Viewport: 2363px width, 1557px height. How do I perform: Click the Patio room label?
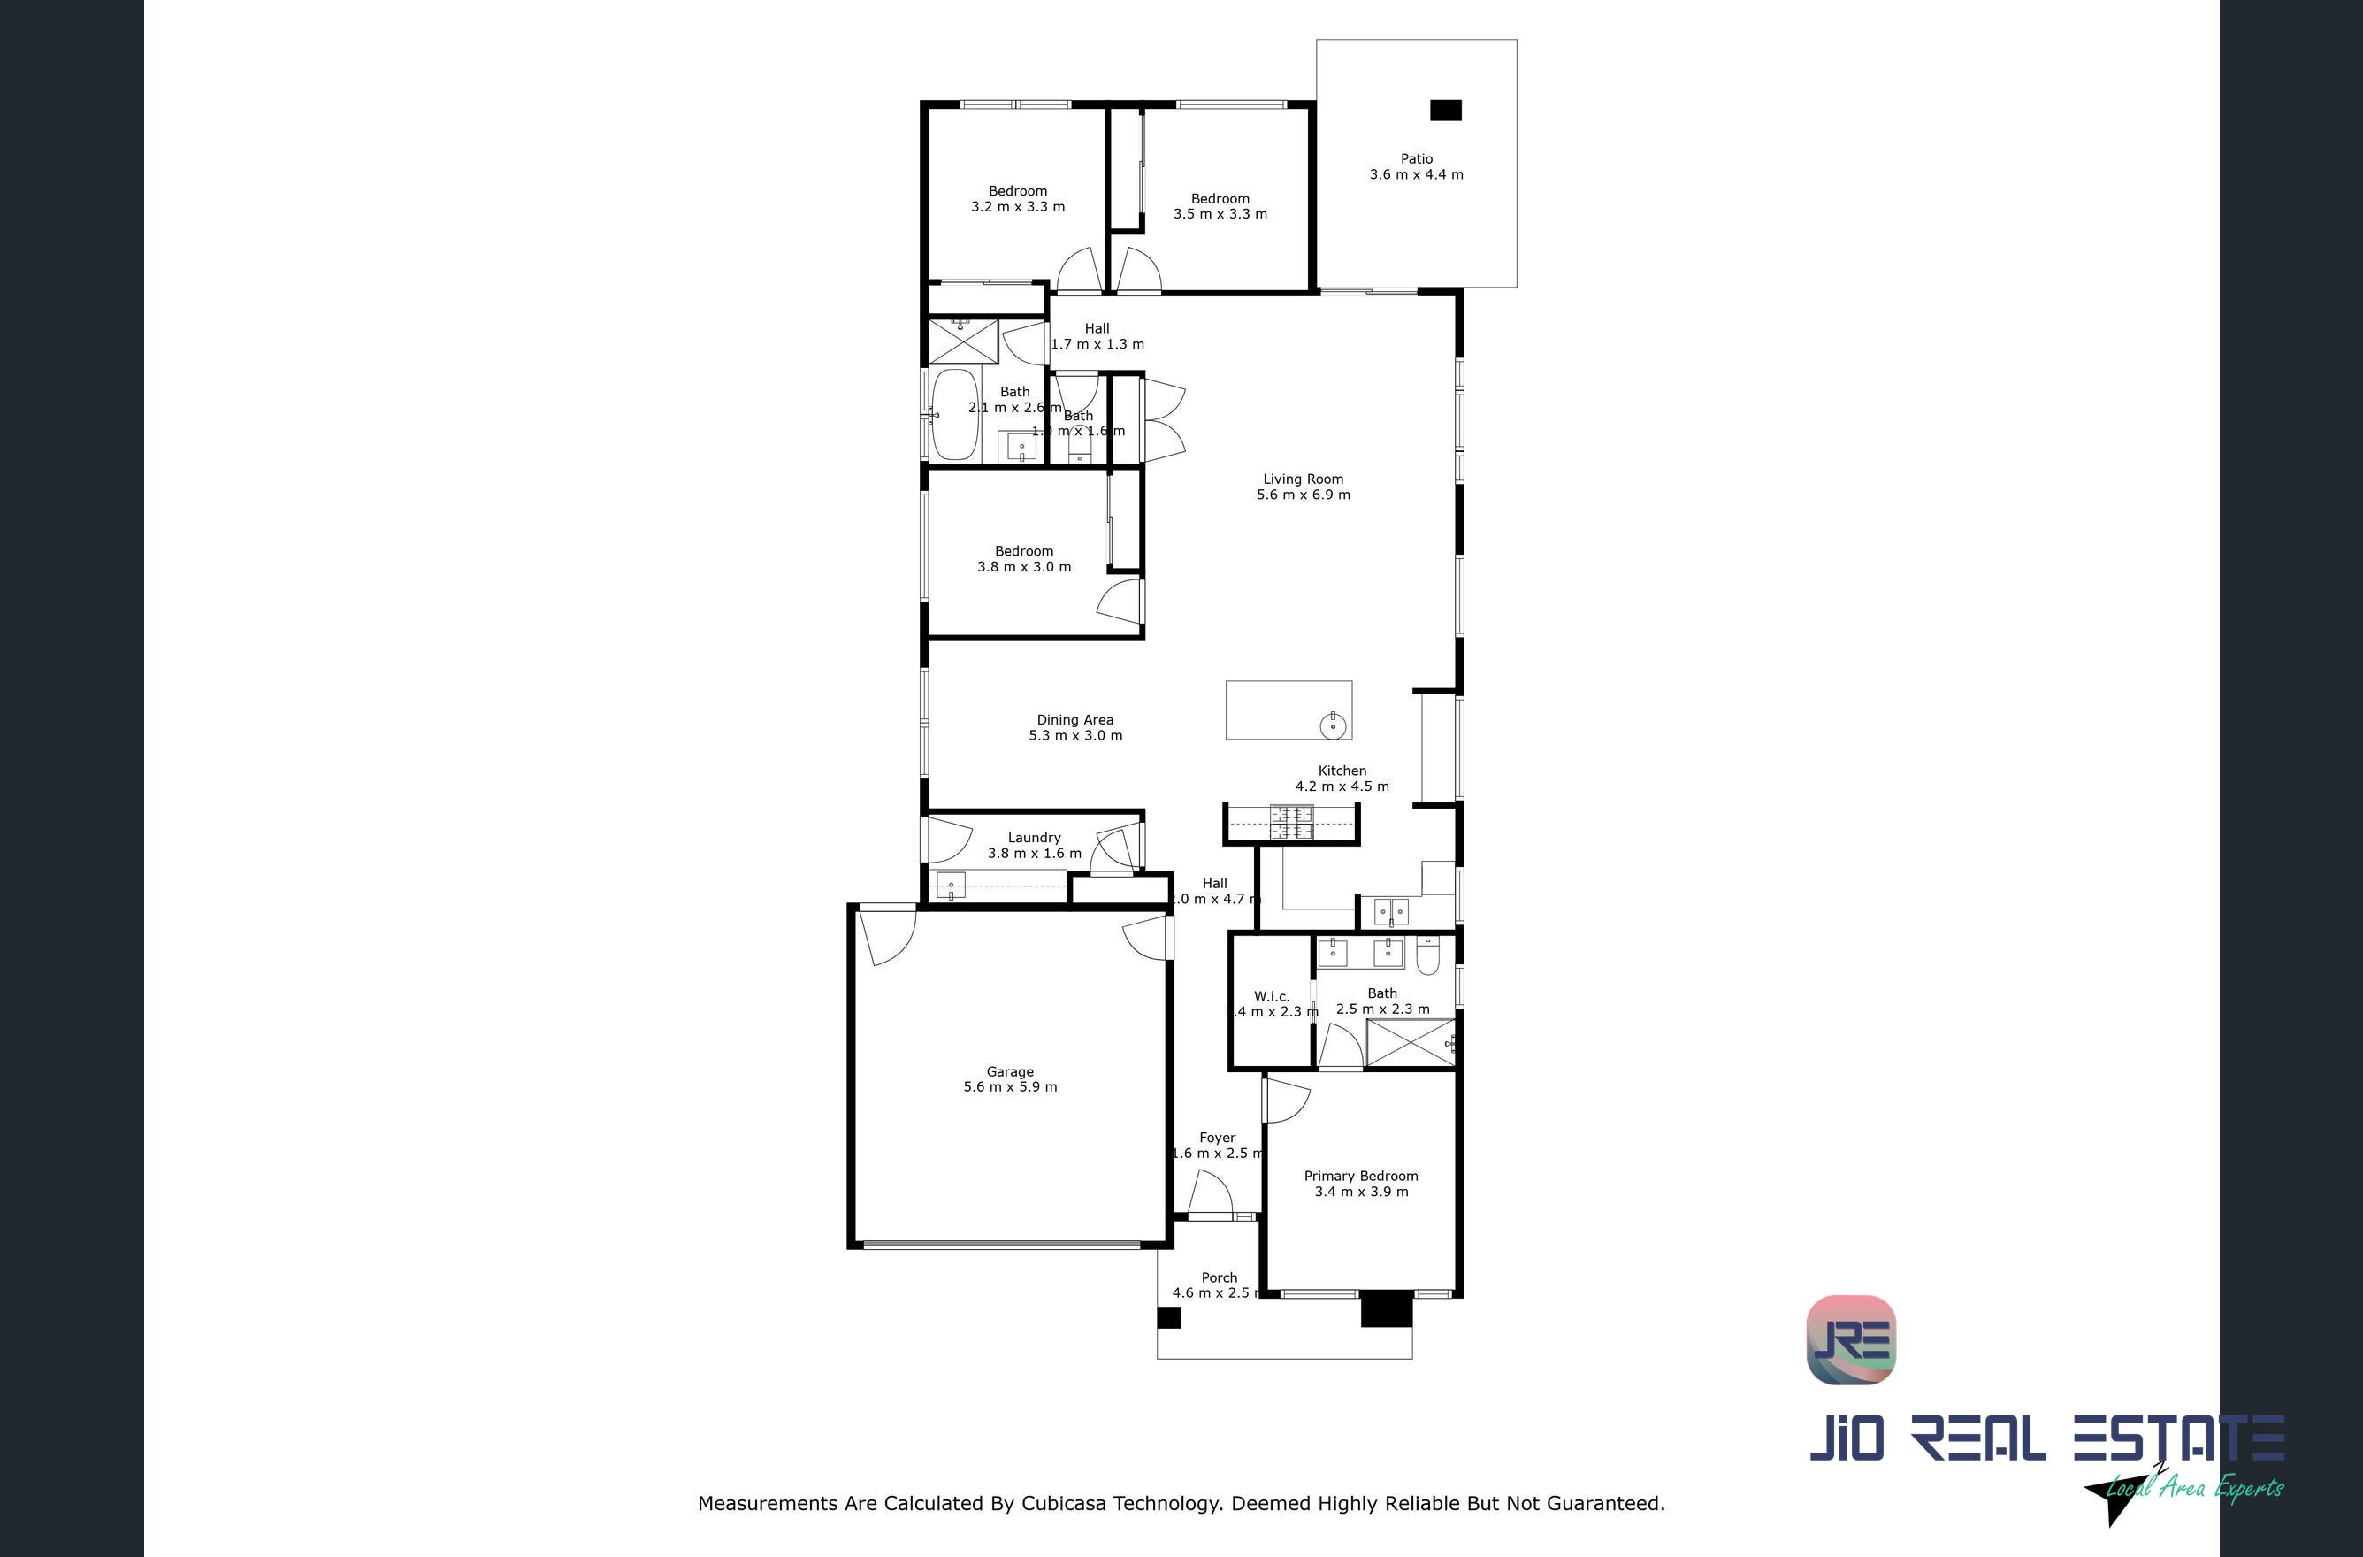pos(1416,159)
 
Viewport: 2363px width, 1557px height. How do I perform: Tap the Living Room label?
pos(1303,479)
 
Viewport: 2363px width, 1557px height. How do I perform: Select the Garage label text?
pos(1010,1071)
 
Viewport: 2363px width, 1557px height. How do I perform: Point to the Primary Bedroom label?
pos(1360,1176)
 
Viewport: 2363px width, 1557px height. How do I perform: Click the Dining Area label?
pos(1074,720)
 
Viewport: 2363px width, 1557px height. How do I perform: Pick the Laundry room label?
pos(1034,837)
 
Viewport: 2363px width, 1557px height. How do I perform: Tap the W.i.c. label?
pos(1271,996)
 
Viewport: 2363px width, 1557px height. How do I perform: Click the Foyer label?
pos(1216,1138)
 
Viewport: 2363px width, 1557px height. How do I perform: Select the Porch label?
pos(1219,1278)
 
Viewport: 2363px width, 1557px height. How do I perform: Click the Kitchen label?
pos(1342,771)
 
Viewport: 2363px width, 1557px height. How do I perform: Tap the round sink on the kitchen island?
pos(1333,726)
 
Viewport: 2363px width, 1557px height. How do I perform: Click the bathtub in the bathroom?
pos(955,415)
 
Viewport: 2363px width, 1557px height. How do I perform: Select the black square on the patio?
pos(1445,111)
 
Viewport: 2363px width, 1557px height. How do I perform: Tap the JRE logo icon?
pos(1851,1339)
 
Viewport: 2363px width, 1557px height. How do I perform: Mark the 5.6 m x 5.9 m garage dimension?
pos(1010,1087)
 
